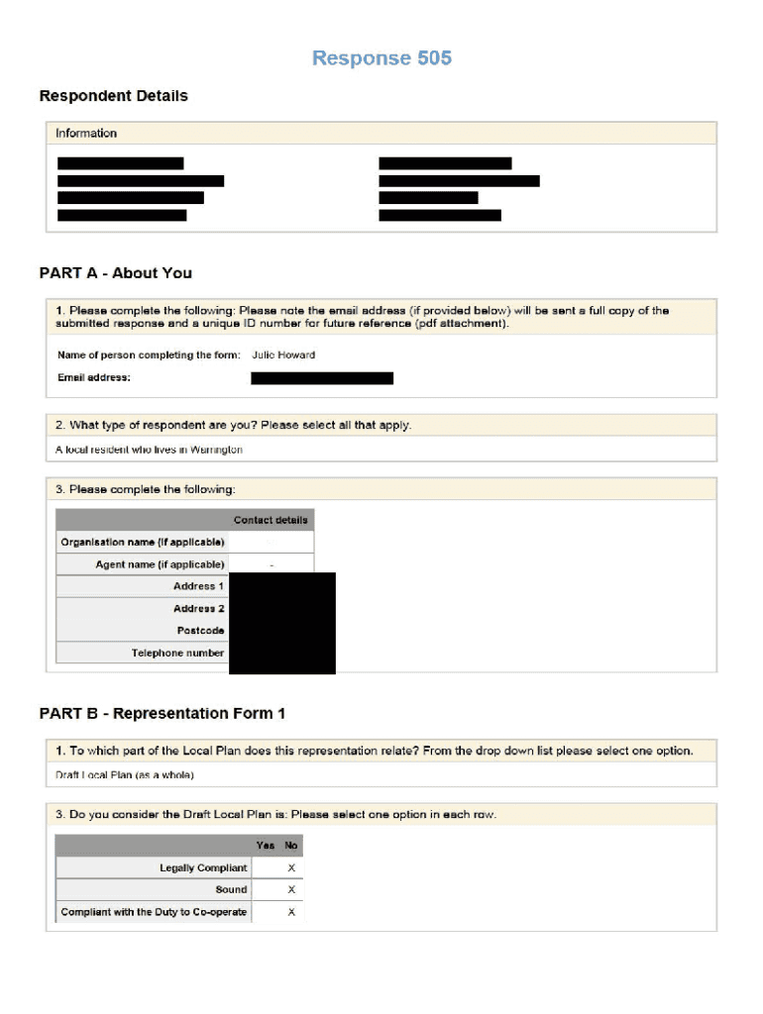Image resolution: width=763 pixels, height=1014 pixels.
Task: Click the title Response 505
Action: click(381, 58)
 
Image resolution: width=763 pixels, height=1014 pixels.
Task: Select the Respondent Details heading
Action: click(113, 96)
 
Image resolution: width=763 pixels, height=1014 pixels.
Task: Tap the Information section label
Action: click(86, 134)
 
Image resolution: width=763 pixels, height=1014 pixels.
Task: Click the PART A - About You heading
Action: click(115, 273)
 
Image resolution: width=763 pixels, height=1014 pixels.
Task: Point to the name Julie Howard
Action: click(283, 355)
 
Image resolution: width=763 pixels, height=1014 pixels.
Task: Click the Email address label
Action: click(94, 377)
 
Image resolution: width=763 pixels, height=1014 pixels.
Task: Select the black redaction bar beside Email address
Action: click(322, 378)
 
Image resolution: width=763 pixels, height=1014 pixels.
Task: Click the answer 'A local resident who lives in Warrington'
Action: click(149, 450)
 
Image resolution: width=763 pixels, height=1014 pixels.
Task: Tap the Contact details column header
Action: click(271, 520)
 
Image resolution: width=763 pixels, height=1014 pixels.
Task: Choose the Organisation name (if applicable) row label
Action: click(143, 543)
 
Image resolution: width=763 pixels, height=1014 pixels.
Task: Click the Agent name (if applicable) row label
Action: click(161, 564)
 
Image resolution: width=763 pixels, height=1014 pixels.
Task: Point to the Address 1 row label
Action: click(199, 586)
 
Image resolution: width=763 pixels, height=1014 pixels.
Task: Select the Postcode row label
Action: click(201, 631)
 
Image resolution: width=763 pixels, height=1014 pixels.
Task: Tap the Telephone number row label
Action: click(178, 654)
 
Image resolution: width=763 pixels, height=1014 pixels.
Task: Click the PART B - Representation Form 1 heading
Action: click(163, 714)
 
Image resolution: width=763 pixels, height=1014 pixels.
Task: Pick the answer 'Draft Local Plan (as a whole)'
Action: click(125, 774)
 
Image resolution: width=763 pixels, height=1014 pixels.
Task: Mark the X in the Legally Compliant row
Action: click(291, 868)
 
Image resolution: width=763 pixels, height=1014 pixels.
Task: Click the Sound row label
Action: click(232, 890)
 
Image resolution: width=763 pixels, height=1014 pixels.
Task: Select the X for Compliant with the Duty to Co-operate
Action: click(291, 912)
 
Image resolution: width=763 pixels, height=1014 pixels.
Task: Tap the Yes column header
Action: click(266, 846)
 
